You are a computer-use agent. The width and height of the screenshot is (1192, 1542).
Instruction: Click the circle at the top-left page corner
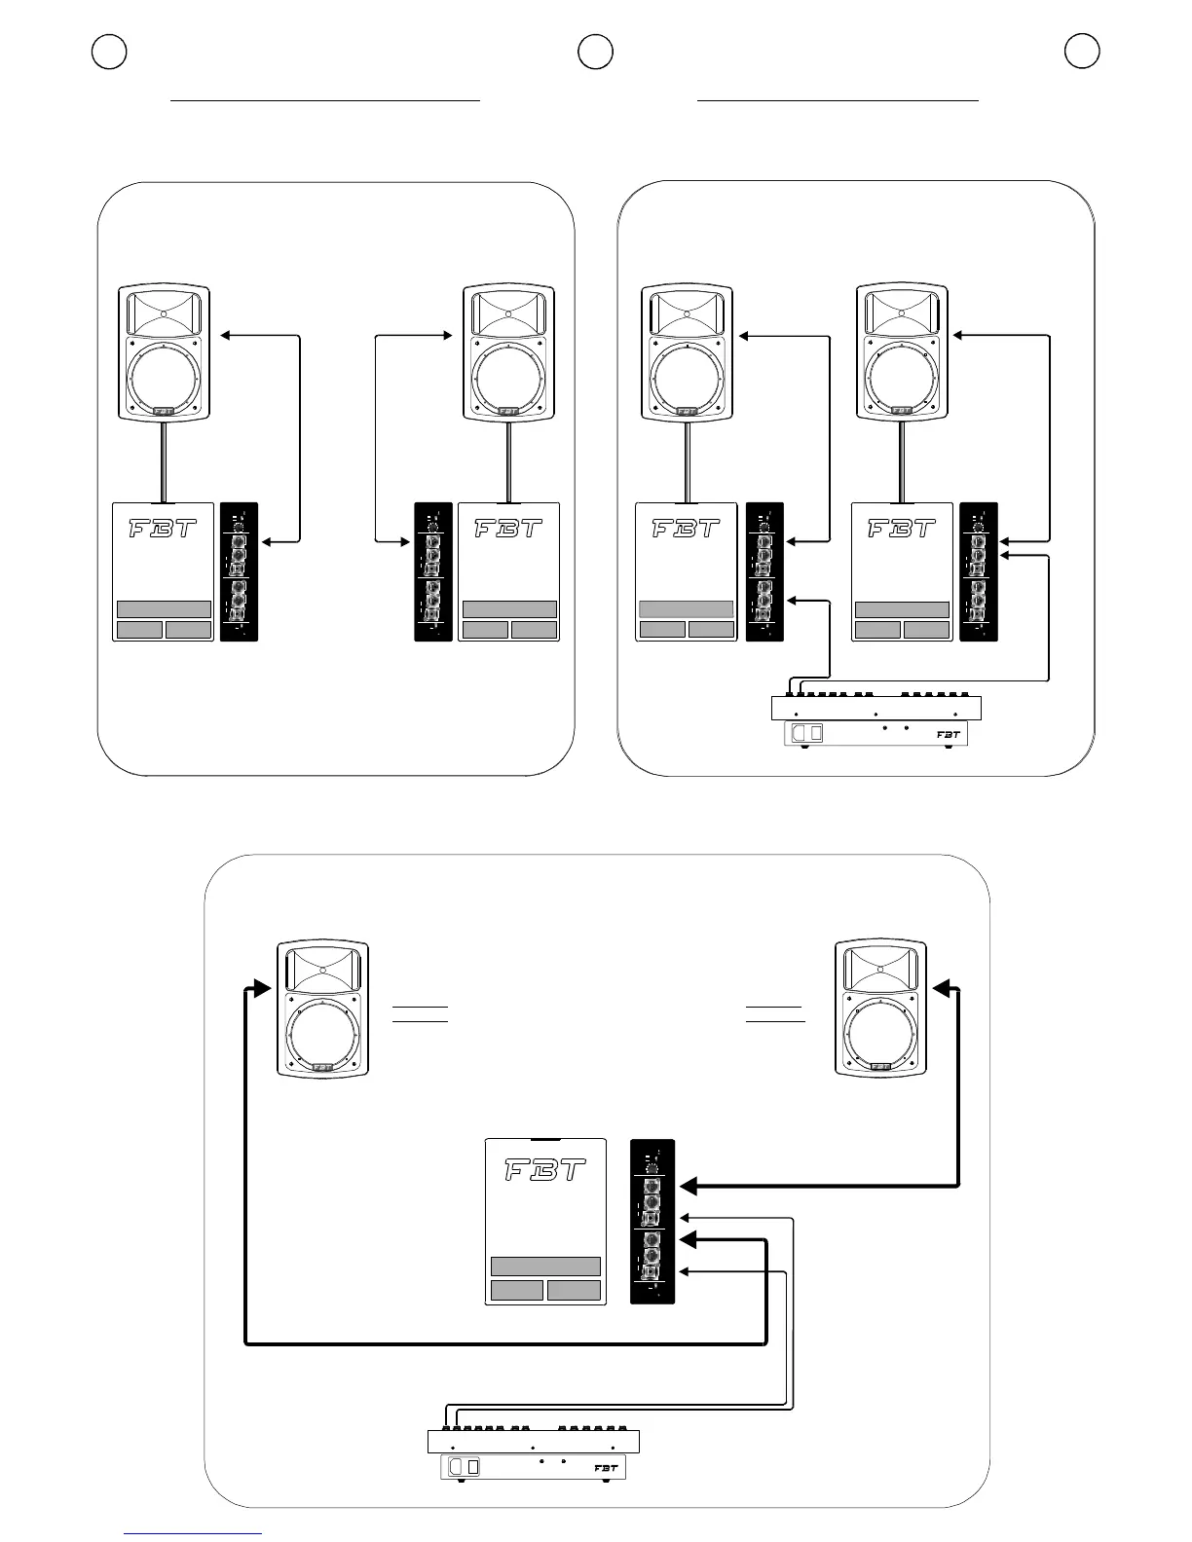(x=109, y=52)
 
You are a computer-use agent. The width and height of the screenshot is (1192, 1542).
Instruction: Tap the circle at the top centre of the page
(x=595, y=52)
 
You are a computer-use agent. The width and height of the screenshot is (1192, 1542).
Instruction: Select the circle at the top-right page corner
(x=1082, y=52)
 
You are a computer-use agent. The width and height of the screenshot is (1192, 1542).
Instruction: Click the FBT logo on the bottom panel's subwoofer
(x=545, y=1170)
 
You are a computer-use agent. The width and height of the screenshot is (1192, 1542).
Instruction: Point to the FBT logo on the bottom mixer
(x=606, y=1468)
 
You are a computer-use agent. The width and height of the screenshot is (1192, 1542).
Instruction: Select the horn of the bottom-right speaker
(x=881, y=970)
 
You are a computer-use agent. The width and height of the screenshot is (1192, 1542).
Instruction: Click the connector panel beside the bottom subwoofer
(x=652, y=1221)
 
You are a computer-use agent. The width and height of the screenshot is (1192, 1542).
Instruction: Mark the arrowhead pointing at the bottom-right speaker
(x=943, y=989)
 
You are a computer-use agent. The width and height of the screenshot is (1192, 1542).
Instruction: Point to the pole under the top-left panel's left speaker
(x=164, y=461)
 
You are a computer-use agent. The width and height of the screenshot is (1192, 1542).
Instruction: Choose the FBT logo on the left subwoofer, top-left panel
(x=163, y=529)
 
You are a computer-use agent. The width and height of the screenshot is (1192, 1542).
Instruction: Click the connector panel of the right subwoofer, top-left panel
(x=433, y=571)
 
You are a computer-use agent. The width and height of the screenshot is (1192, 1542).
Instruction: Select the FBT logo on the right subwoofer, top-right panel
(x=902, y=529)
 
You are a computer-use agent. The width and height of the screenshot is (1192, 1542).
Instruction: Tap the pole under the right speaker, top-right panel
(x=901, y=461)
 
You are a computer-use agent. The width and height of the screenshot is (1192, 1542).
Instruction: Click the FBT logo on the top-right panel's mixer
(x=949, y=735)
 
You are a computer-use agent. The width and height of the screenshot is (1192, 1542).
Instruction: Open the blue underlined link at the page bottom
(x=193, y=1533)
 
